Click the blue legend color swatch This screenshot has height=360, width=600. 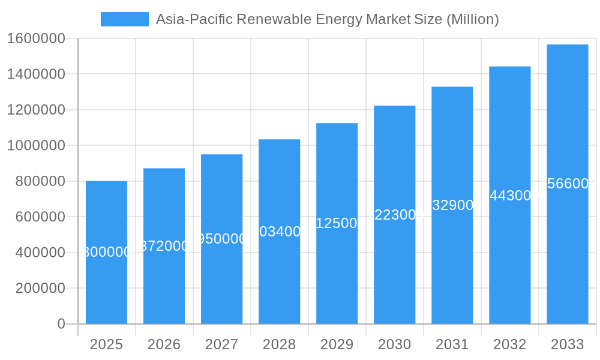pyautogui.click(x=124, y=19)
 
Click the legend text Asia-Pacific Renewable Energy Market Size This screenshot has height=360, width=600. pyautogui.click(x=327, y=19)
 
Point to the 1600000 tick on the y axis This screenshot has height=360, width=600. pyautogui.click(x=36, y=38)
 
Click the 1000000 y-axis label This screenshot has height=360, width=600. pyautogui.click(x=36, y=145)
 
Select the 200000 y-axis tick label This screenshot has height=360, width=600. pyautogui.click(x=40, y=288)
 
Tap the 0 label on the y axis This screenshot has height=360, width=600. pyautogui.click(x=61, y=324)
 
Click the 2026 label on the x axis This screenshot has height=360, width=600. pyautogui.click(x=164, y=344)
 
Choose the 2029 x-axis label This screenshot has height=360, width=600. pyautogui.click(x=337, y=344)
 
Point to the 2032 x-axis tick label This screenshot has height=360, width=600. pyautogui.click(x=509, y=344)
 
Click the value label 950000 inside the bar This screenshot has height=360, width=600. pyautogui.click(x=221, y=239)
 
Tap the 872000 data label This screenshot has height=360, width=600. pyautogui.click(x=164, y=246)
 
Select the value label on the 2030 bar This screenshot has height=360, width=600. pyautogui.click(x=394, y=215)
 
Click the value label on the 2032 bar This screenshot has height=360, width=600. pyautogui.click(x=509, y=196)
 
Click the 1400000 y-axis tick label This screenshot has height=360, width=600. pyautogui.click(x=36, y=74)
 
